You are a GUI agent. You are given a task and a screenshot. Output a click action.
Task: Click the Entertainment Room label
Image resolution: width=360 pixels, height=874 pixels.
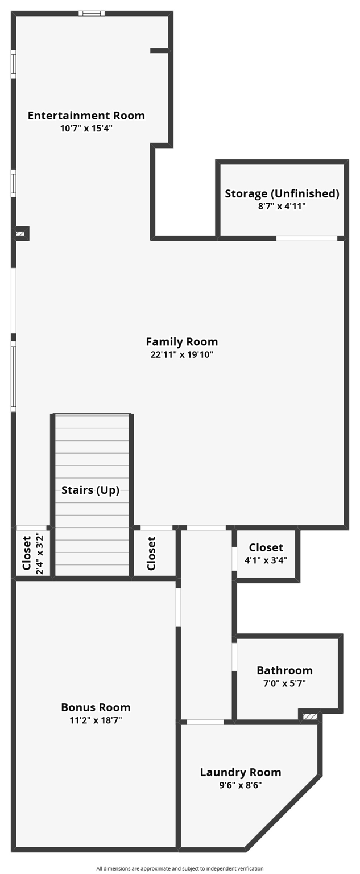(86, 116)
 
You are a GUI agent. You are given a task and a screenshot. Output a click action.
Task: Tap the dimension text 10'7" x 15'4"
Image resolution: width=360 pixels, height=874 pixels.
(86, 129)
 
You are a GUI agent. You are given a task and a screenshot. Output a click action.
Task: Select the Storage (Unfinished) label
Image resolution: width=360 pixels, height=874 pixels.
(282, 193)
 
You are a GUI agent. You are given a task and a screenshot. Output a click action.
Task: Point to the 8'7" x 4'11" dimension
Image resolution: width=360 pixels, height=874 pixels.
(282, 207)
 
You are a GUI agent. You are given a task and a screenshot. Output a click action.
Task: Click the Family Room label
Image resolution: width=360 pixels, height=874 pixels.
(181, 342)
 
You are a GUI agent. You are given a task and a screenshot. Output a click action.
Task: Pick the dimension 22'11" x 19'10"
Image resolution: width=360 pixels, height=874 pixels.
(181, 355)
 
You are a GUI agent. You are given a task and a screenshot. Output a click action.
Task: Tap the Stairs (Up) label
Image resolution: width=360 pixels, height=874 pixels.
(90, 490)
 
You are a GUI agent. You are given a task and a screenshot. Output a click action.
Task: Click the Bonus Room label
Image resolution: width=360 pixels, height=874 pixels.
(96, 707)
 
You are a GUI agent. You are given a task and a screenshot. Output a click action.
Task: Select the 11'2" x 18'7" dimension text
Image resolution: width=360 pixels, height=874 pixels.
(96, 720)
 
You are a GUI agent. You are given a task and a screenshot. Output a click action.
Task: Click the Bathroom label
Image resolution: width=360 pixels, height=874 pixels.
(284, 670)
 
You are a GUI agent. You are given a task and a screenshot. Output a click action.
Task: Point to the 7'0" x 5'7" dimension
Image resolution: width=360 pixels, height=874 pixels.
(284, 683)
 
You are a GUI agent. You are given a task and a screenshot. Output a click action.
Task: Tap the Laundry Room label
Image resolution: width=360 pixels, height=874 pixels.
(241, 772)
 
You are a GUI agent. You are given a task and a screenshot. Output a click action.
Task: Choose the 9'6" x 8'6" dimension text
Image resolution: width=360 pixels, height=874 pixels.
(241, 785)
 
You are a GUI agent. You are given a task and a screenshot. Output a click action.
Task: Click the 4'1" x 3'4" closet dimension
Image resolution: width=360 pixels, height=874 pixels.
(266, 560)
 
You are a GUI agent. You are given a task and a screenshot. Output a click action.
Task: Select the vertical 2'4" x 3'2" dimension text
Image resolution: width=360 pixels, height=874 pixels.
(39, 553)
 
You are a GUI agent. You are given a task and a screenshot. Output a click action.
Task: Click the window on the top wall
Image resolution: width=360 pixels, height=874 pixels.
(92, 13)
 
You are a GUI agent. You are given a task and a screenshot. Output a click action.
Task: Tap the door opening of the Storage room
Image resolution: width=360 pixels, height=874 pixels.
(307, 238)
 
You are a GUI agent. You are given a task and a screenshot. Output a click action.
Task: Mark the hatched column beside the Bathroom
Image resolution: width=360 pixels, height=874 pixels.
(310, 716)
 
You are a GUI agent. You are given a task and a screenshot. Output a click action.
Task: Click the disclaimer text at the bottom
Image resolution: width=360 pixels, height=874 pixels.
(180, 868)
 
